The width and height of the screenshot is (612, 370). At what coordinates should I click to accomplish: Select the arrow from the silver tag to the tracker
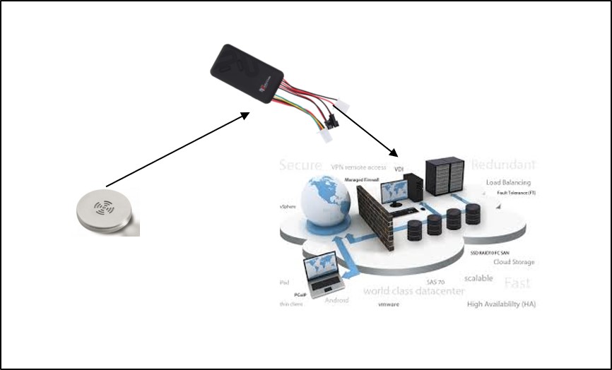tap(177, 148)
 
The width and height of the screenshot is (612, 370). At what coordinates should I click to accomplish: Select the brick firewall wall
tap(375, 220)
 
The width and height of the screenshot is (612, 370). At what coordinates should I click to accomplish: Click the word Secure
tap(300, 165)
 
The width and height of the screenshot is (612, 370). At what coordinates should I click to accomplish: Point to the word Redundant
tap(503, 165)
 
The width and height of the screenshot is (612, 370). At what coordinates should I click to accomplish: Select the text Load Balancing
tap(508, 183)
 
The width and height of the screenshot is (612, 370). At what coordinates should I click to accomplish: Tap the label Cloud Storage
tap(514, 262)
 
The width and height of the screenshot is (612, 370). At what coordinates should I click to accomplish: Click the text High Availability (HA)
tap(501, 304)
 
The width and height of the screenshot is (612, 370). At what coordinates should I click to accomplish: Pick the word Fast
tap(517, 283)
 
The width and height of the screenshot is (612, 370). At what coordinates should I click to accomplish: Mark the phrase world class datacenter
tap(413, 291)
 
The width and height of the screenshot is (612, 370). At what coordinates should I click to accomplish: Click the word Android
tap(336, 300)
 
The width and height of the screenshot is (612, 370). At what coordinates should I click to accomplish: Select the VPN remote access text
tap(358, 167)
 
